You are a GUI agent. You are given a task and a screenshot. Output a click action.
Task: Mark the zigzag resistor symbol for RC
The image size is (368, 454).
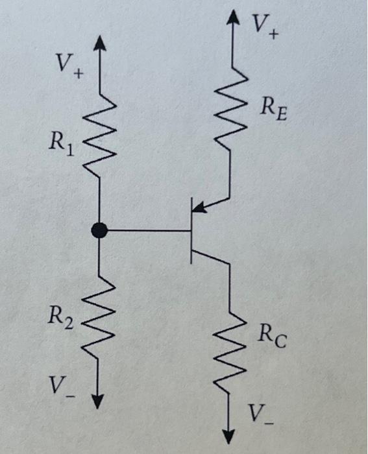[230, 350]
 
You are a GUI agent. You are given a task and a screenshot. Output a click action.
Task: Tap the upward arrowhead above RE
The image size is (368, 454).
[230, 18]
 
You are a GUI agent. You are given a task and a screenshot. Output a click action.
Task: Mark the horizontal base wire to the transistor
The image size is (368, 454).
[146, 230]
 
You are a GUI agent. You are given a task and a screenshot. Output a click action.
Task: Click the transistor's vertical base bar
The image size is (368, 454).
[191, 230]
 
